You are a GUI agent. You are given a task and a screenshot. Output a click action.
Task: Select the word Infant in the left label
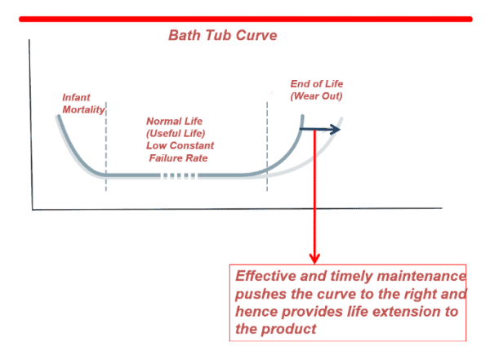point(76,97)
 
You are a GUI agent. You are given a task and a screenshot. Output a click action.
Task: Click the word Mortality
point(83,109)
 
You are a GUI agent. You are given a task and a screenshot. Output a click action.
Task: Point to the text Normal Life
point(175,121)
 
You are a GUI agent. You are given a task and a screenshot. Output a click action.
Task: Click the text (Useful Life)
point(176,133)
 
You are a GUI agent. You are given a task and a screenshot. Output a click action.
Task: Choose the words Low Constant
point(180,145)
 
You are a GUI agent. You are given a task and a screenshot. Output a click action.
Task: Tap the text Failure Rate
point(178,158)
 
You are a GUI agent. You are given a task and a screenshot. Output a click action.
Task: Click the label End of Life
point(317,84)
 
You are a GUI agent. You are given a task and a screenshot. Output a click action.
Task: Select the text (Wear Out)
point(316,96)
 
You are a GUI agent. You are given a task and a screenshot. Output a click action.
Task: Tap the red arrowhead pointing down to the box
point(314,259)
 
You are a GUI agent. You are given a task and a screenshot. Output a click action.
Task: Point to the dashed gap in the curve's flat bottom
point(178,176)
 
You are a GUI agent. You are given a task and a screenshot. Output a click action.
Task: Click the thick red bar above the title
point(246,20)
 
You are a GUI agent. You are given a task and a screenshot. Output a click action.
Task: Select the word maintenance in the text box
point(421,276)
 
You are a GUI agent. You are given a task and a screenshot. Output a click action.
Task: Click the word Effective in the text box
point(265,276)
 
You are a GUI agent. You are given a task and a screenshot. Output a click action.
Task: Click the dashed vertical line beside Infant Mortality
point(106,146)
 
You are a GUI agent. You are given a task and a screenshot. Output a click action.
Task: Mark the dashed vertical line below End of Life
point(267,146)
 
